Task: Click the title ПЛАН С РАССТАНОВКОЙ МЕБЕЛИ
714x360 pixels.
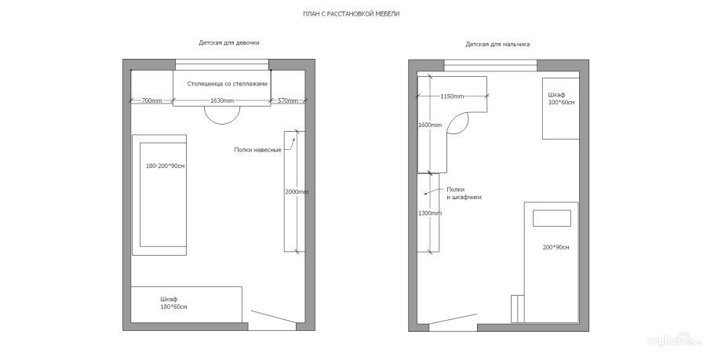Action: tap(351, 14)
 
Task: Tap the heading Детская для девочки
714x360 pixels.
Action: tap(229, 43)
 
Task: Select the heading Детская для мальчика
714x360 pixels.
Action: tap(497, 45)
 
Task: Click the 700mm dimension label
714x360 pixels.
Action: tap(151, 100)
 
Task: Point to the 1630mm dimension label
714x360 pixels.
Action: tap(222, 100)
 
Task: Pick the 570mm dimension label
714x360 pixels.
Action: tap(288, 100)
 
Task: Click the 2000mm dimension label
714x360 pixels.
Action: tap(297, 192)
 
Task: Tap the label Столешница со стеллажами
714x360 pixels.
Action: tap(228, 84)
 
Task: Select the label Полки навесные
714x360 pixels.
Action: tap(257, 150)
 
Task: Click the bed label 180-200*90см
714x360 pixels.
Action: tap(166, 166)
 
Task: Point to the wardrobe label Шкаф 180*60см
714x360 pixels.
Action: tap(173, 303)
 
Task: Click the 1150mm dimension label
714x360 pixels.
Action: tap(452, 96)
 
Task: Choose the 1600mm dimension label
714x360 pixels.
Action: tap(430, 125)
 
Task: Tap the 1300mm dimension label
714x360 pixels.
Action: tap(430, 213)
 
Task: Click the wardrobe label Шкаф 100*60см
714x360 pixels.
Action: tap(562, 99)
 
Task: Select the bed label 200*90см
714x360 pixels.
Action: tap(556, 248)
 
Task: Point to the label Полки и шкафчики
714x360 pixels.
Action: tap(464, 194)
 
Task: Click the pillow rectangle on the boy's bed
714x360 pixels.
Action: tap(552, 218)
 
